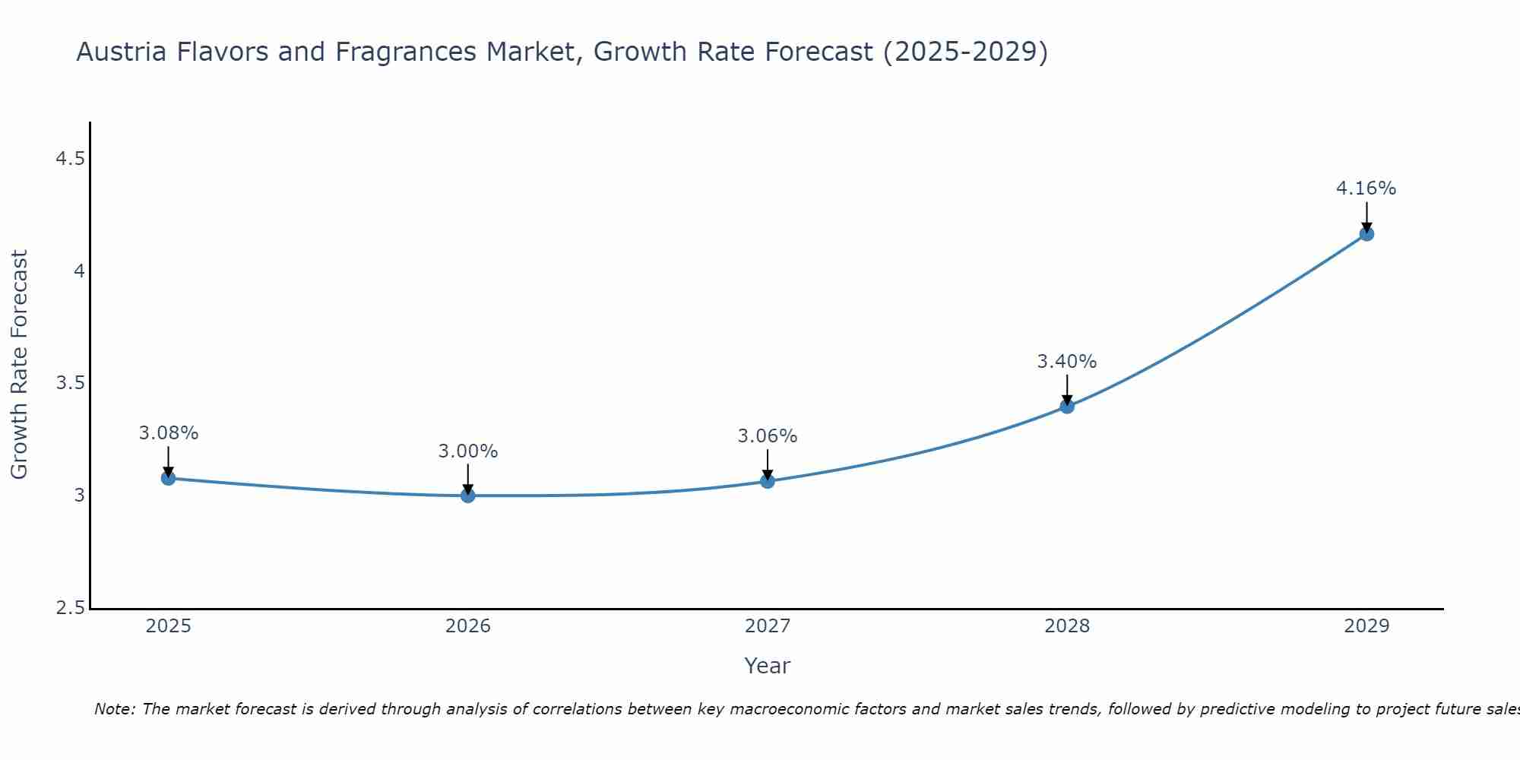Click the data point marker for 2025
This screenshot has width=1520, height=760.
pos(168,478)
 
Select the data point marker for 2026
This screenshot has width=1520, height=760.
pos(467,496)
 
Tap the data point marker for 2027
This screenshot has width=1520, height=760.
pos(767,481)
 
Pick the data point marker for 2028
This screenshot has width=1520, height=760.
pos(1066,406)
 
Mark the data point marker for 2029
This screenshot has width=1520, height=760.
pos(1366,233)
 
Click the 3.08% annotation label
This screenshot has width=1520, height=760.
pos(168,433)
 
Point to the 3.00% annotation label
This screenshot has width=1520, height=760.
pos(467,451)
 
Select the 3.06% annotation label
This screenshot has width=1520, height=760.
pos(767,436)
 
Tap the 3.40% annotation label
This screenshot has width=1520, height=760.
pos(1066,362)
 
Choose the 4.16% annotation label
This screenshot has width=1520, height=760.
pos(1366,188)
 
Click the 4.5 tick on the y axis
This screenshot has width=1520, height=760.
pos(71,159)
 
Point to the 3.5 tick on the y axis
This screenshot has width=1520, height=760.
pos(71,383)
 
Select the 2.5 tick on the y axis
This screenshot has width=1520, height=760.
pos(71,608)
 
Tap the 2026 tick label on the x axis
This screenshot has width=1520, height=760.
pos(467,626)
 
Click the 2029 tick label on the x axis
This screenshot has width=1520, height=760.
pos(1366,626)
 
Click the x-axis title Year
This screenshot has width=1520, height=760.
pos(767,666)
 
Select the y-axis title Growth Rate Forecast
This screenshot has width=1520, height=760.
pos(19,365)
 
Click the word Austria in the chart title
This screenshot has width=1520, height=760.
pos(121,52)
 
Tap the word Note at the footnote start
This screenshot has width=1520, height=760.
pos(114,709)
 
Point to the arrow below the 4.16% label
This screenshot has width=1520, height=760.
pos(1366,217)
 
